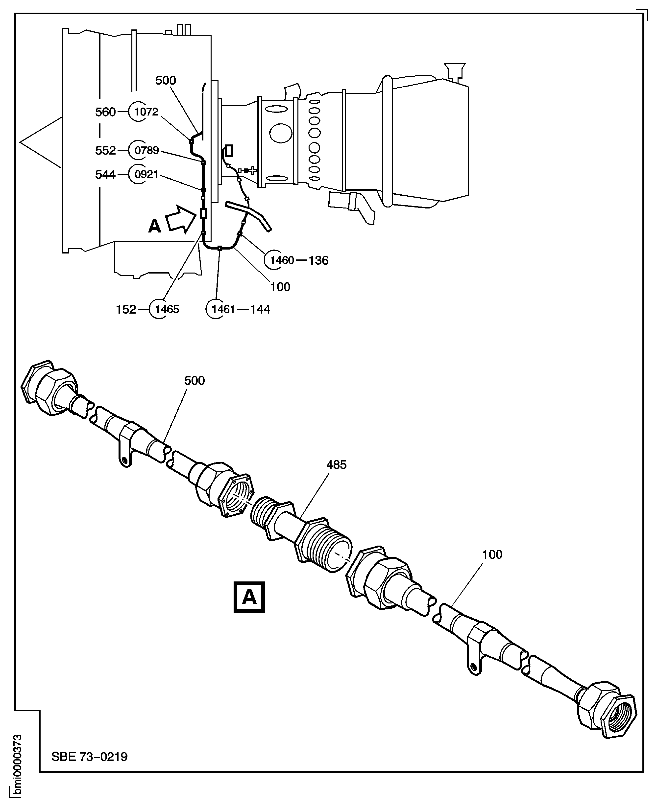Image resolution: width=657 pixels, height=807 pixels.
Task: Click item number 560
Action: pyautogui.click(x=105, y=112)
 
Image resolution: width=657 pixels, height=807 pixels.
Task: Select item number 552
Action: pyautogui.click(x=105, y=151)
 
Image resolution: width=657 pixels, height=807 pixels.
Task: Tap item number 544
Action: pyautogui.click(x=105, y=174)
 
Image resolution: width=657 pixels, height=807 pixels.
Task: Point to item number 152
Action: pyautogui.click(x=126, y=309)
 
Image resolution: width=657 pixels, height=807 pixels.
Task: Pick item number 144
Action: pyautogui.click(x=260, y=309)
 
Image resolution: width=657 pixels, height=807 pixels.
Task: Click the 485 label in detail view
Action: pyautogui.click(x=336, y=465)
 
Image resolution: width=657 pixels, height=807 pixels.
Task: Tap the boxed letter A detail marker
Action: pyautogui.click(x=249, y=597)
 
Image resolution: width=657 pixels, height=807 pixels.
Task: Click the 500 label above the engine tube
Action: pyautogui.click(x=166, y=80)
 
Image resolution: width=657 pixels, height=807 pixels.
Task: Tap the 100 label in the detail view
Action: pyautogui.click(x=492, y=555)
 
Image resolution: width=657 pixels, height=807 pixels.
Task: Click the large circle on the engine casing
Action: pyautogui.click(x=280, y=133)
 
